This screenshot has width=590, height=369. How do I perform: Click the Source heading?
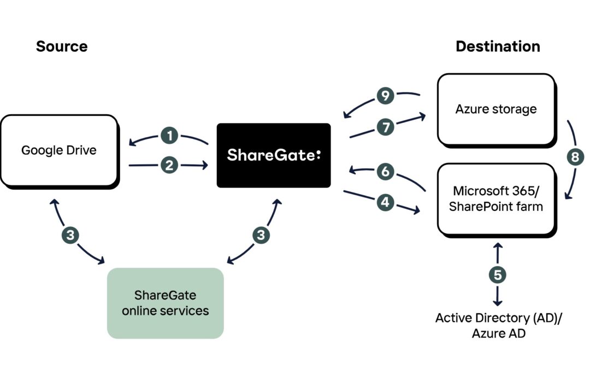point(62,46)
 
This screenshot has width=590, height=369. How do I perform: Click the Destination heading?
point(498,46)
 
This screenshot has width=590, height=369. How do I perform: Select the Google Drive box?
point(60,151)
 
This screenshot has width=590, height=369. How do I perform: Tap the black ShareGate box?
point(274,155)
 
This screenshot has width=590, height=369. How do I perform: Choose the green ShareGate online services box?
point(165,303)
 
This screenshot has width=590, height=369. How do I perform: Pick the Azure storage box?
point(497,109)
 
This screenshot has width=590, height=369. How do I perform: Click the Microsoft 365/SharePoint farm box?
point(497,200)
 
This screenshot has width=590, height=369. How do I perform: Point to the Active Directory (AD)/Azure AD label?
point(499,325)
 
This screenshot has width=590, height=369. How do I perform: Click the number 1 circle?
point(169,136)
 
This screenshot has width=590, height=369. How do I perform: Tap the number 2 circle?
point(169,165)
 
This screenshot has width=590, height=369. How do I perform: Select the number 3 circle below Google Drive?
point(70,235)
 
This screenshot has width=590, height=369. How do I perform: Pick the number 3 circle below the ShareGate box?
point(261,235)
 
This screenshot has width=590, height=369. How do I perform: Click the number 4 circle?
point(385,203)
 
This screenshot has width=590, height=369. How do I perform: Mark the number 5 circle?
point(498,275)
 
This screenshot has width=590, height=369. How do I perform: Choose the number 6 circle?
point(385,172)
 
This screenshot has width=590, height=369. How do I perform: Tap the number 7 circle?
point(386,127)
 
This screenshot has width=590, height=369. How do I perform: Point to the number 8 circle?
point(575,157)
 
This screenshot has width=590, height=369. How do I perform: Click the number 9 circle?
point(385,96)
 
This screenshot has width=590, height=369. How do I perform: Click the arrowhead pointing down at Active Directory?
point(498,303)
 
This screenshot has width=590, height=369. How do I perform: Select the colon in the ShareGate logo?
point(318,155)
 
